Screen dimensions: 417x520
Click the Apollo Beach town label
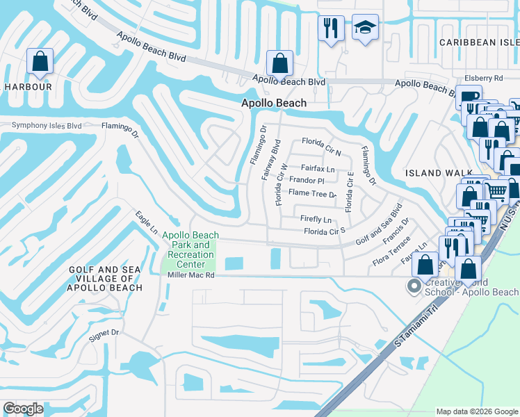coord(273,103)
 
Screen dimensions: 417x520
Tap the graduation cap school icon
coord(365,28)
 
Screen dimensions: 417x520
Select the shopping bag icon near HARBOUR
coord(40,62)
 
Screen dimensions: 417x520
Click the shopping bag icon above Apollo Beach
coord(279,63)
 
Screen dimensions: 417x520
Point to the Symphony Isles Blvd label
coord(47,126)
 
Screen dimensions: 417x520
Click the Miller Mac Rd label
coord(192,275)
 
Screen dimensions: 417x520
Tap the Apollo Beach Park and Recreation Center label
coord(190,250)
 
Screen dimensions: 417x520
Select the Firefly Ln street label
coord(315,219)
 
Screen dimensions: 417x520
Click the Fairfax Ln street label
coord(318,168)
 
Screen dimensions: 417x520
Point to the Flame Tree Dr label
coord(312,193)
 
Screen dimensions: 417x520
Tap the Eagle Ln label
coord(147,222)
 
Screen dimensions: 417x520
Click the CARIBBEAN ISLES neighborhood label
coord(478,42)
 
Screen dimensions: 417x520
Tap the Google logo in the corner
coord(23,409)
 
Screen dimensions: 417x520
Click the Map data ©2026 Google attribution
coord(476,411)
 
